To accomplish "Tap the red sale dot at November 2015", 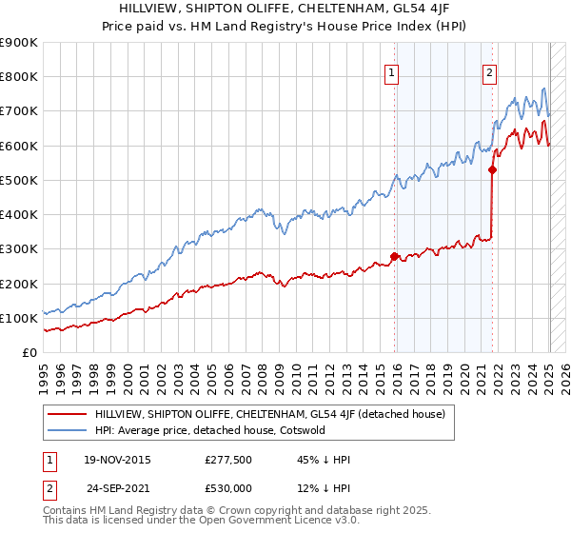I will (394, 256).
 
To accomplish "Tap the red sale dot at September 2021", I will (492, 170).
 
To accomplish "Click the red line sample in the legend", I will (68, 413).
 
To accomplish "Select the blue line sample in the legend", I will (68, 430).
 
